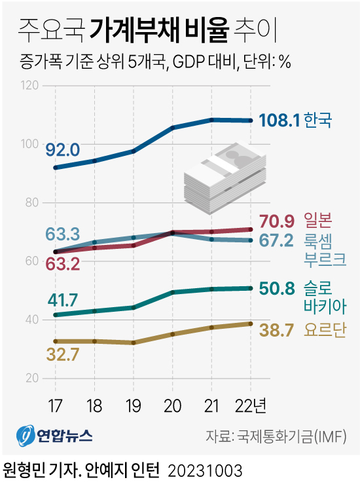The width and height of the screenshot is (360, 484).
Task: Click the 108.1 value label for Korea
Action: (279, 121)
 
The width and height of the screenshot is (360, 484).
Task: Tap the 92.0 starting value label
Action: (63, 150)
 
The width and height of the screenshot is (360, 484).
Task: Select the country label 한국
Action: (319, 121)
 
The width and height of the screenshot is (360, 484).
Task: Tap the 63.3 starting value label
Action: (63, 233)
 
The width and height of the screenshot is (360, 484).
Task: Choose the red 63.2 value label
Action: (63, 264)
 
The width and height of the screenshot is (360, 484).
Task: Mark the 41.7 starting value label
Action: (63, 301)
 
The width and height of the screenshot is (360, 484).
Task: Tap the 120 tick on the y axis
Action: (31, 85)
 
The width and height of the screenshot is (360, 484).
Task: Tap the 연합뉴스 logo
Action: (55, 435)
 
